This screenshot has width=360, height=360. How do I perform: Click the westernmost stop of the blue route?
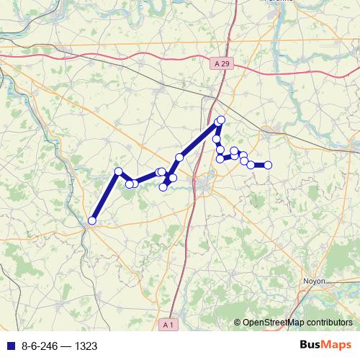(x=91, y=220)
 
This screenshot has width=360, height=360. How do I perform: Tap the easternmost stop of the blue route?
(x=268, y=165)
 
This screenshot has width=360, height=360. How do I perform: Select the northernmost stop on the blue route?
(x=221, y=120)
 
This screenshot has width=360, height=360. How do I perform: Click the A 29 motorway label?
(x=223, y=64)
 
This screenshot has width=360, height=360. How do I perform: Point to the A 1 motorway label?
(x=168, y=325)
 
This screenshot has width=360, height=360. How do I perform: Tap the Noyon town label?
(x=315, y=281)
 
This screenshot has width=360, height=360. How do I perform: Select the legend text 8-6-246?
(x=40, y=346)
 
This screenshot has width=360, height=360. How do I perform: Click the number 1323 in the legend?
(x=85, y=346)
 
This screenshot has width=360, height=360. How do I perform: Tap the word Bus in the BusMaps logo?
(x=311, y=345)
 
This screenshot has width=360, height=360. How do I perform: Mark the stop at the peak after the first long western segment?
(x=119, y=171)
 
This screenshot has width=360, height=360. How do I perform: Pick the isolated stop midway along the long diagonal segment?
(x=179, y=157)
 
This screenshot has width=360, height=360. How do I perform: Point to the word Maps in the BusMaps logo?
(x=336, y=345)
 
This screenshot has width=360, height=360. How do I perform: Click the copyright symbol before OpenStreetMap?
(x=238, y=323)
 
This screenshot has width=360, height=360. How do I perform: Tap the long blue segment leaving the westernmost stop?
(x=105, y=196)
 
